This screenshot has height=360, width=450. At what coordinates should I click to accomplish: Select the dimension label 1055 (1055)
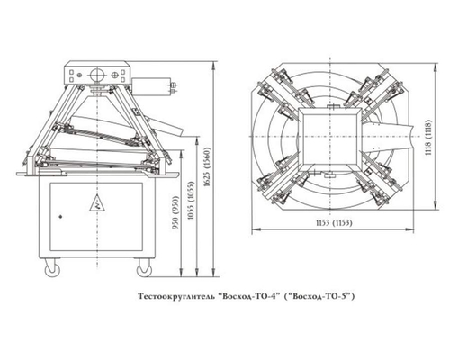point(192,201)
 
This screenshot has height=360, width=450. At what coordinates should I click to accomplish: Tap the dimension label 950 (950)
point(175,213)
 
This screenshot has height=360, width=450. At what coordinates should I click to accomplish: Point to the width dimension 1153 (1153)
point(334,223)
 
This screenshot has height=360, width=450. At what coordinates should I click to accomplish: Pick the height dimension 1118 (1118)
point(428,137)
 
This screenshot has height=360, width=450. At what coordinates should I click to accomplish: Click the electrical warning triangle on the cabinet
point(97,203)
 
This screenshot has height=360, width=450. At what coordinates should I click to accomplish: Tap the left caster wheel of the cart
point(52,268)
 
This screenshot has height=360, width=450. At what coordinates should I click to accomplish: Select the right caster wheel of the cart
point(144,268)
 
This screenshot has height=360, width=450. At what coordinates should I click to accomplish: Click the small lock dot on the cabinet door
point(60,216)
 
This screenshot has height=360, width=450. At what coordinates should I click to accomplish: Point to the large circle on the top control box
point(97,74)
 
